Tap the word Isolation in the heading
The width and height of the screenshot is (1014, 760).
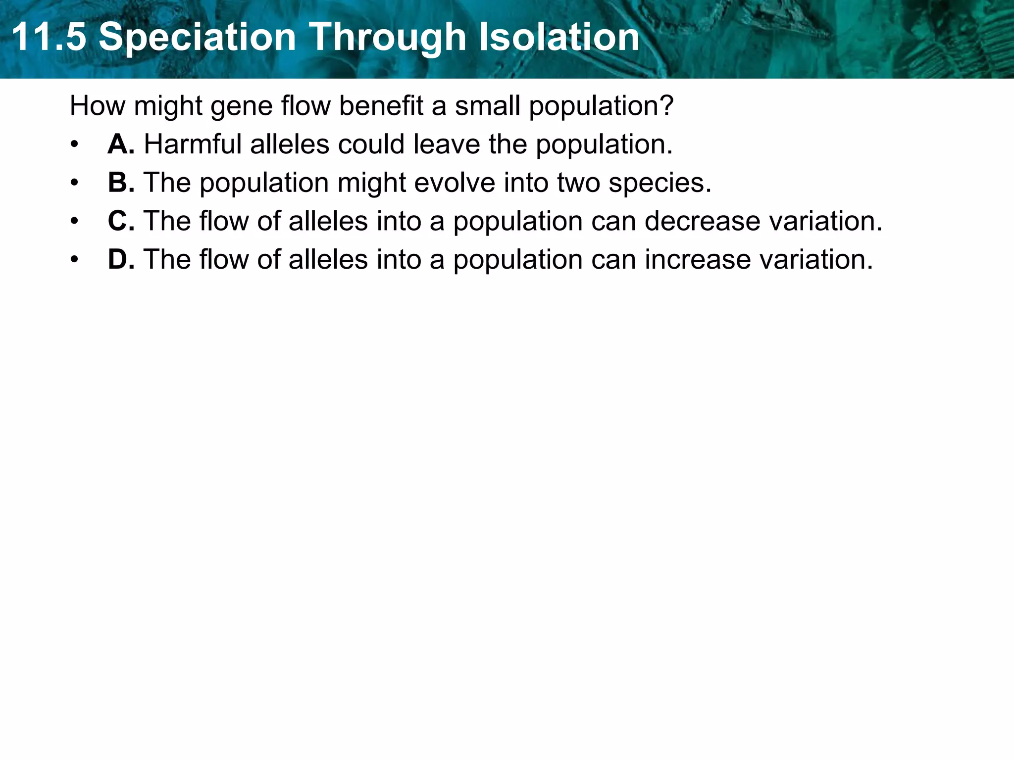[x=559, y=37]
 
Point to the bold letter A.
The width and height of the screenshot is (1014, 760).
[x=120, y=144]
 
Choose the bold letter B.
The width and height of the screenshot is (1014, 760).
[x=120, y=183]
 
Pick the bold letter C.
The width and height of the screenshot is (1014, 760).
[x=120, y=221]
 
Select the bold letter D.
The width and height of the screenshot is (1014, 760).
[x=120, y=259]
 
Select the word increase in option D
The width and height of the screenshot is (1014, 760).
[x=697, y=259]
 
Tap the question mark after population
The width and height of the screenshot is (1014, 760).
[x=666, y=106]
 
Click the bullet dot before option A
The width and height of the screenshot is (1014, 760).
[x=74, y=145]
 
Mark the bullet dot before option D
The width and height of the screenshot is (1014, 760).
[x=74, y=260]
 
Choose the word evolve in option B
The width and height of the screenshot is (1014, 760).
[x=454, y=183]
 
